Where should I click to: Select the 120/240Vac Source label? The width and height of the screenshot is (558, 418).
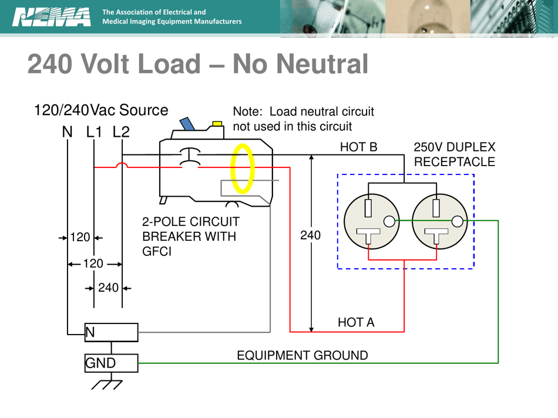coord(101,110)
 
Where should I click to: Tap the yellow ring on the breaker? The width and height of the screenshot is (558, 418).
coord(242,169)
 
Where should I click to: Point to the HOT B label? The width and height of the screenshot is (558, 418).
coord(358,147)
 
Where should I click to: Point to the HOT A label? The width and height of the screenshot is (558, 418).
coord(355,322)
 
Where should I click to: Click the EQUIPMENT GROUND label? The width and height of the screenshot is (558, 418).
coord(302,355)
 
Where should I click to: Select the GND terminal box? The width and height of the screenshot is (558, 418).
coord(111,363)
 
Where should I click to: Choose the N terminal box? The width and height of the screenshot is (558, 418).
coord(111,332)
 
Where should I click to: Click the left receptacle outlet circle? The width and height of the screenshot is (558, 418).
coord(371,221)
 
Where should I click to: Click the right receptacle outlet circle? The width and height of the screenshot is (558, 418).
coord(439,221)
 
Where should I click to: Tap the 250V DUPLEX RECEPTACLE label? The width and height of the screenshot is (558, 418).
coord(455,154)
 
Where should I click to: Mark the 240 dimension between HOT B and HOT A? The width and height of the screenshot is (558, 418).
coord(310,236)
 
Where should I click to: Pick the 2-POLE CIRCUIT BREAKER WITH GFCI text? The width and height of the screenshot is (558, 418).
coord(190,237)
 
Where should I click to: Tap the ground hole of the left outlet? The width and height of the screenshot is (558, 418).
coord(389,221)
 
